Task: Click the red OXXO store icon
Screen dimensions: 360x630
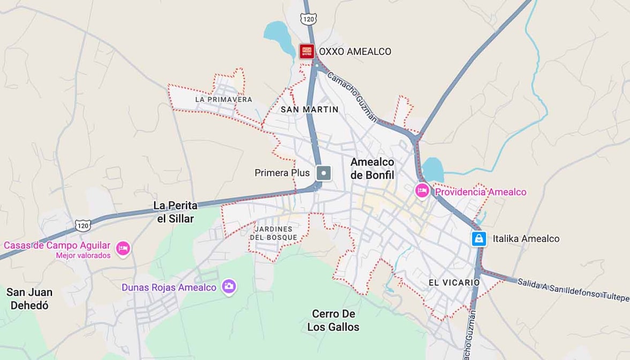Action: [306, 51]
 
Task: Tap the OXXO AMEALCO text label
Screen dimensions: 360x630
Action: [355, 52]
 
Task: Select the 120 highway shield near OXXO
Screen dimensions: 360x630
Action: [308, 19]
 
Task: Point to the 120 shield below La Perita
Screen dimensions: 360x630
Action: [82, 226]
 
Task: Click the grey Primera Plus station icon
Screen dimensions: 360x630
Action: [324, 173]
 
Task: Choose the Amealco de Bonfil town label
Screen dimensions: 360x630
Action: [372, 168]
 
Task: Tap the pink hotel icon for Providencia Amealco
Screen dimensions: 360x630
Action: [422, 190]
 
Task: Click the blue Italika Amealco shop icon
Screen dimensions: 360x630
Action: [478, 238]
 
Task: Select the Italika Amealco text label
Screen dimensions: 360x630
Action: [526, 239]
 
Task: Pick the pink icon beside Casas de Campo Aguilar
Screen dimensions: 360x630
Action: [123, 249]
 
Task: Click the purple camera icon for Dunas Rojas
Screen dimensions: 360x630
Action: [229, 287]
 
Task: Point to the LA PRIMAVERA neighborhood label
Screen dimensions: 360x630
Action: [223, 100]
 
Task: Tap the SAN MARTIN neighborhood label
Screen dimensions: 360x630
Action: [310, 109]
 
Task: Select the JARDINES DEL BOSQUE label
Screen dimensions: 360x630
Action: [273, 233]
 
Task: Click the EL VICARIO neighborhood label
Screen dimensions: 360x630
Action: [454, 282]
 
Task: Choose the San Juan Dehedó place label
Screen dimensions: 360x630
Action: [29, 299]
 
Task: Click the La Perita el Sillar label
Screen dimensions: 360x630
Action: [175, 212]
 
